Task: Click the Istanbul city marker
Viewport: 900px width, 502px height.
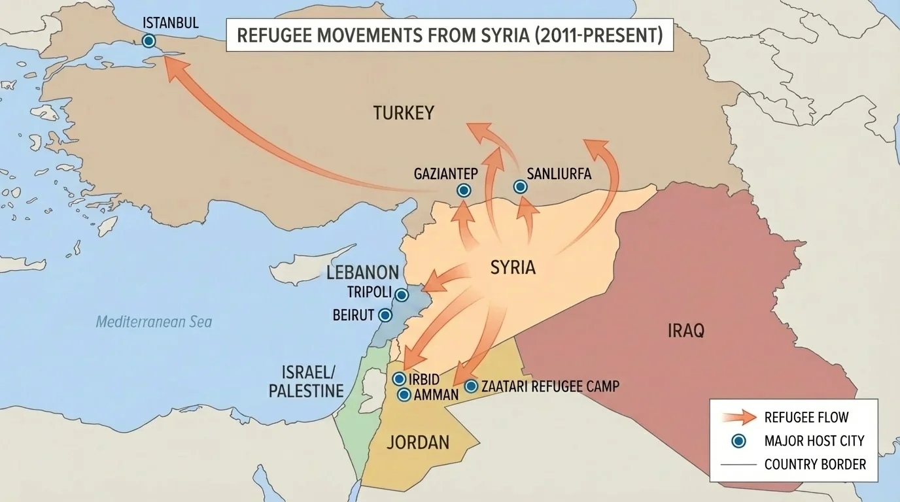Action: [x=149, y=41]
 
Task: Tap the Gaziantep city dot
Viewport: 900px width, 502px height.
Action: [x=464, y=191]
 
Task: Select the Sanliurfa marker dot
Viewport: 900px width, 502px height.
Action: [x=520, y=187]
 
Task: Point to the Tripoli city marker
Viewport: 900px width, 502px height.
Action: [x=400, y=295]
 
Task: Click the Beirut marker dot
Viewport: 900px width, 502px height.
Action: [x=385, y=316]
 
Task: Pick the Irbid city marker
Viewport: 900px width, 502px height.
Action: [x=398, y=379]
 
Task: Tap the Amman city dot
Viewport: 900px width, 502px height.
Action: [x=404, y=395]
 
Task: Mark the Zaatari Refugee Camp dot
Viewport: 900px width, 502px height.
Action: [x=471, y=386]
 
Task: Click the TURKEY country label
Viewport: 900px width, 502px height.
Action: [x=404, y=113]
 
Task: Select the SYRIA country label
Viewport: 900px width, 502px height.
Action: [x=513, y=267]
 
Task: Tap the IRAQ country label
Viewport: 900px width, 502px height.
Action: [x=686, y=331]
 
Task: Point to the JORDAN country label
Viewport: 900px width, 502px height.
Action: [x=418, y=443]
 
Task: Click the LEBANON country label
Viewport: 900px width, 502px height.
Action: [x=362, y=273]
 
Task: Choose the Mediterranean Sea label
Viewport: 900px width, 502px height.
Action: [x=154, y=322]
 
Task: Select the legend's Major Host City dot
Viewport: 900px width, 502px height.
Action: [x=739, y=441]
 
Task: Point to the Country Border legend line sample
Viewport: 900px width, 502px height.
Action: [x=739, y=465]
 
